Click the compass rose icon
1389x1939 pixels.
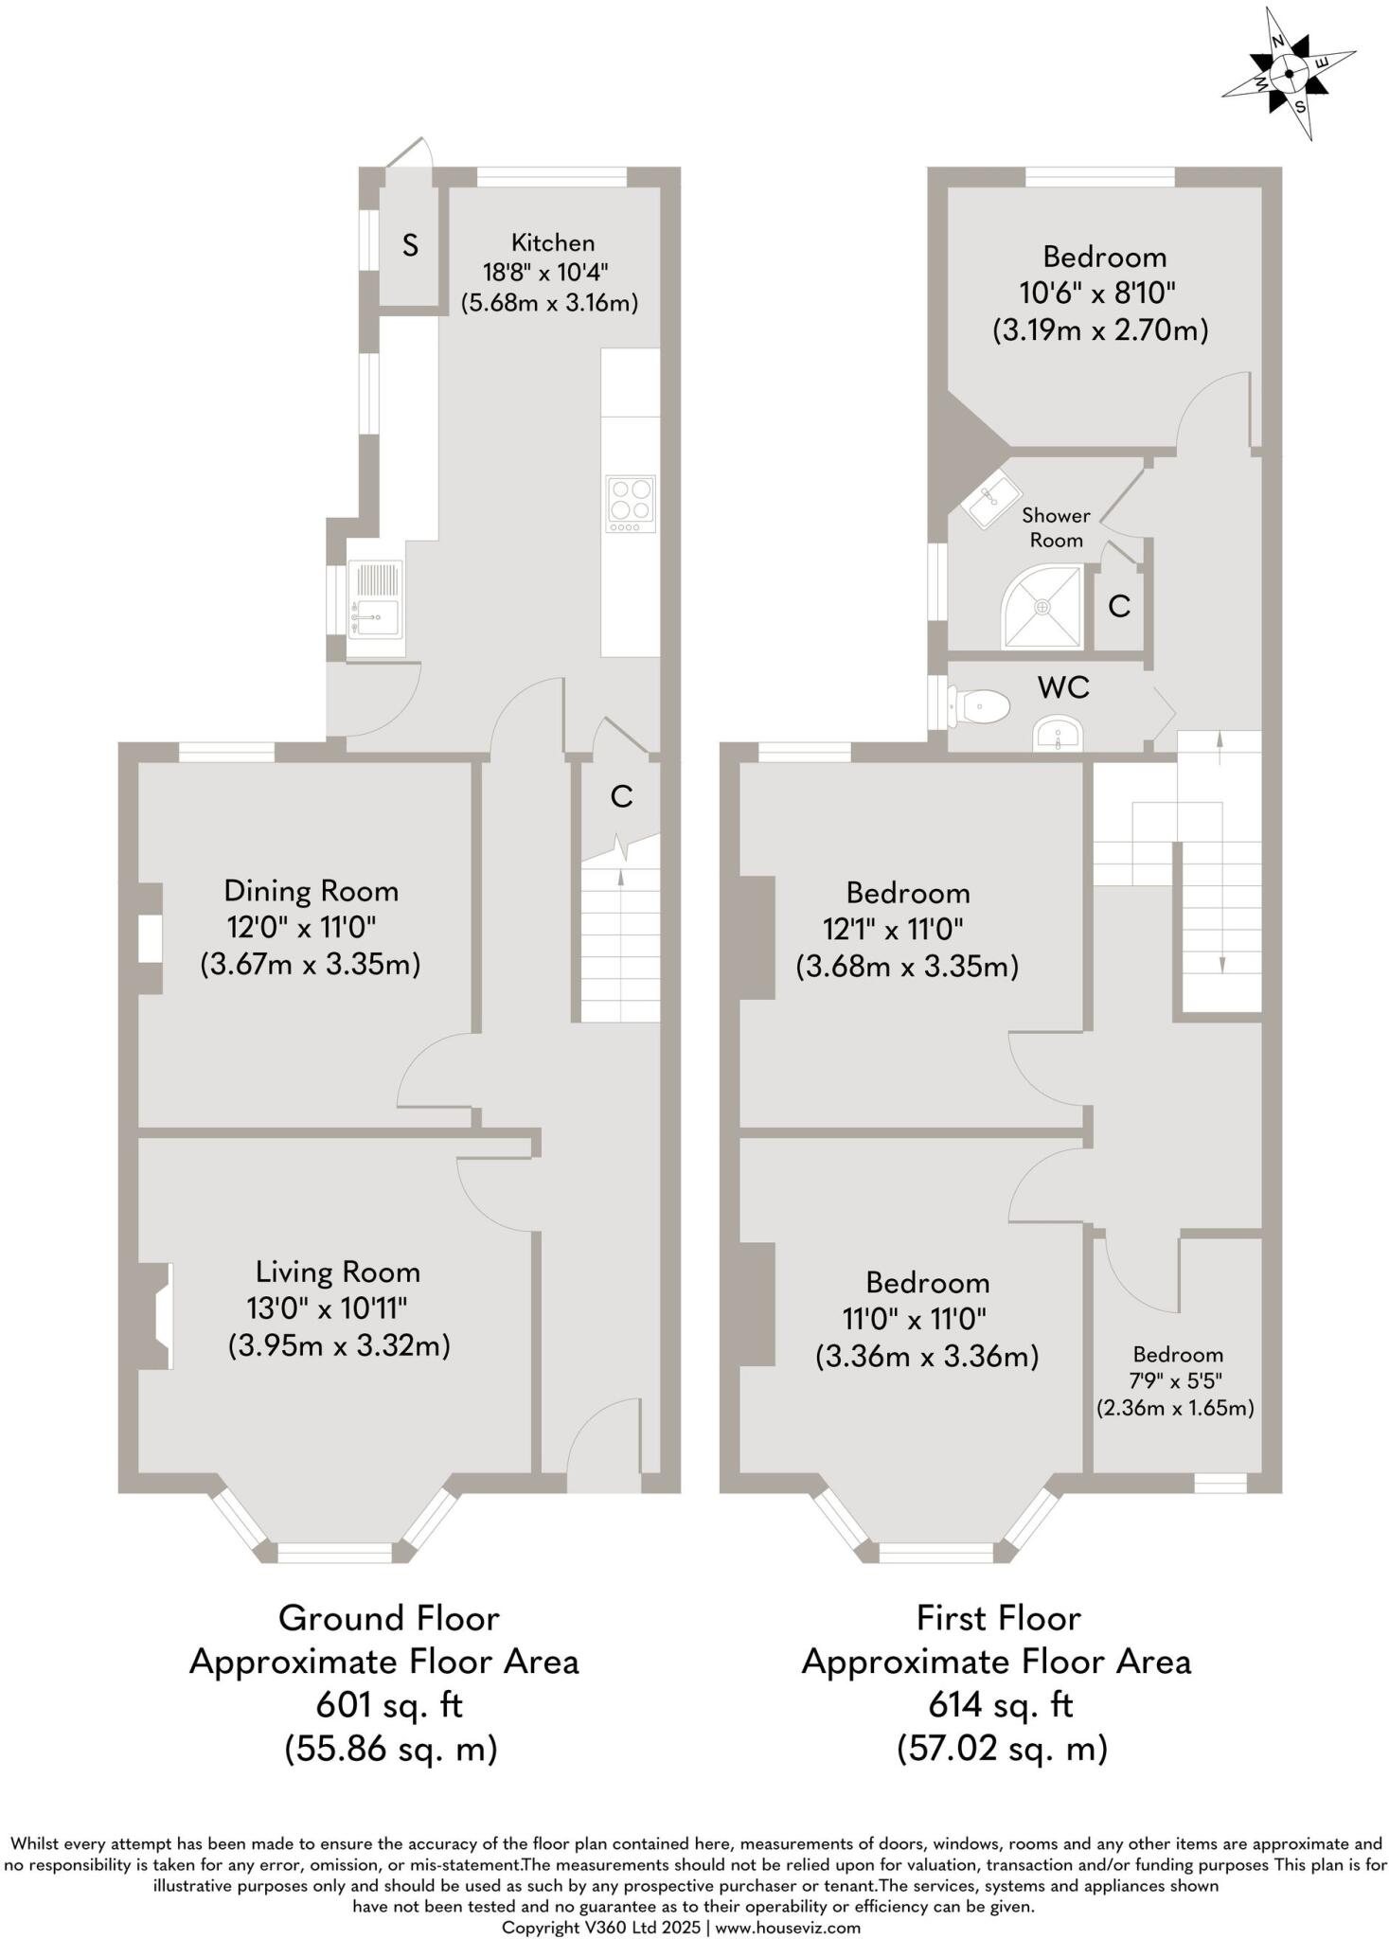click(x=1289, y=73)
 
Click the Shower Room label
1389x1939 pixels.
click(x=1056, y=527)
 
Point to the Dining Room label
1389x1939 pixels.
click(x=311, y=891)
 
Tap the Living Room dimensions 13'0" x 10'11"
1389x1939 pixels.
click(x=327, y=1308)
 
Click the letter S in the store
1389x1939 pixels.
click(x=410, y=246)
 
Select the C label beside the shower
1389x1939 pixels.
click(x=1119, y=606)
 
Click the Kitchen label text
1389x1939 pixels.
click(x=553, y=242)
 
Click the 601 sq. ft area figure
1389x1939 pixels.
click(x=389, y=1705)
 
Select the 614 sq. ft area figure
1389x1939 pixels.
click(x=1001, y=1705)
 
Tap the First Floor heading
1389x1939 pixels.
click(x=998, y=1618)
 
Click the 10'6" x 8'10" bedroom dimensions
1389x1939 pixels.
click(x=1099, y=294)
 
